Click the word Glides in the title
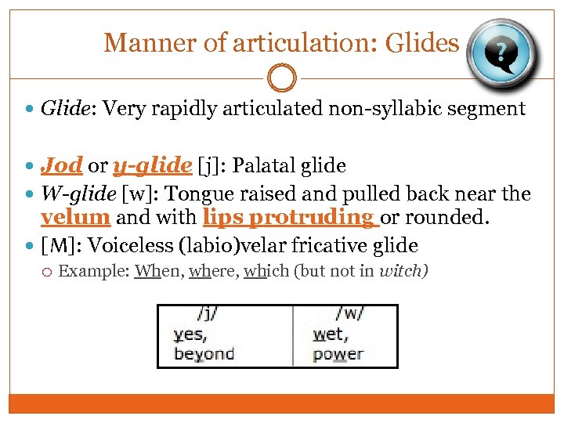click(x=421, y=42)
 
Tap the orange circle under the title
click(x=281, y=78)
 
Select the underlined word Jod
click(x=62, y=165)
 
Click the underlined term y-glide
click(x=152, y=166)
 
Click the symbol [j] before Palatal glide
click(x=209, y=166)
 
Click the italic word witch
click(x=403, y=272)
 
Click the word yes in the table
click(x=188, y=334)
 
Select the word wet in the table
click(x=329, y=334)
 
